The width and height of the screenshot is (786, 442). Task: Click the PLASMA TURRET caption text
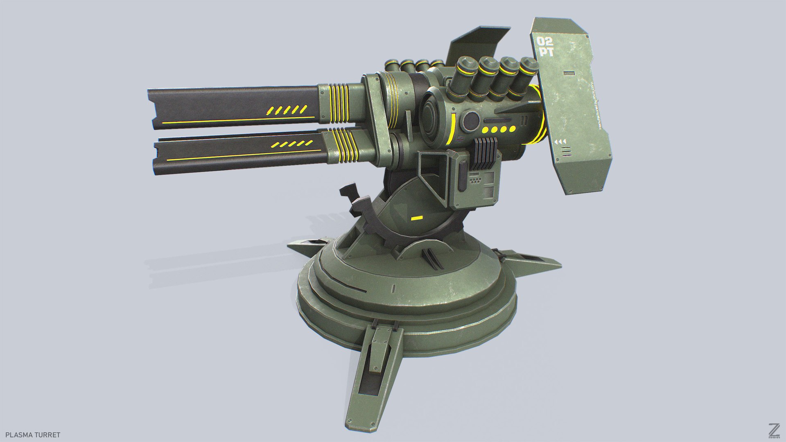pos(33,435)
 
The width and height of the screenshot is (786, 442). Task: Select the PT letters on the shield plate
pos(547,52)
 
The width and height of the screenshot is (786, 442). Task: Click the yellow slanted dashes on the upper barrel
pos(287,110)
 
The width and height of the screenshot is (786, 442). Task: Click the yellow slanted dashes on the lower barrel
pos(291,144)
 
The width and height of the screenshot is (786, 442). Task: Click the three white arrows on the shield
pos(560,142)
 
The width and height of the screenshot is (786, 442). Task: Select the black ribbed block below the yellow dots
pos(485,153)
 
